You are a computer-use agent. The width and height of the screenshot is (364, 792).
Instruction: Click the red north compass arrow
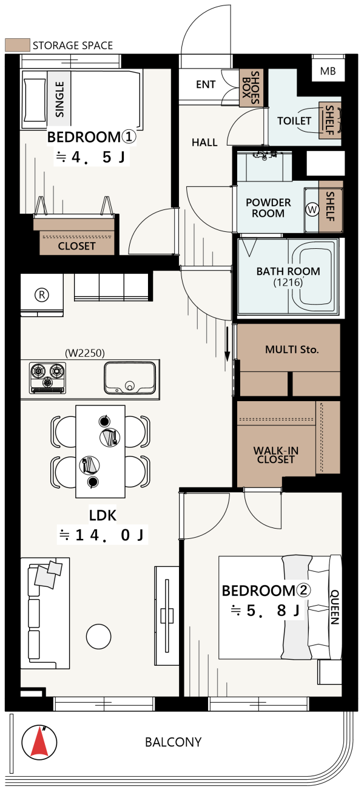coord(39,742)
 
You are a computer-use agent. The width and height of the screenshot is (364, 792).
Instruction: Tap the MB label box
coord(328,71)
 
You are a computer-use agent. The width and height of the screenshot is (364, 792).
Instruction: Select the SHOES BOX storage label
coord(251,87)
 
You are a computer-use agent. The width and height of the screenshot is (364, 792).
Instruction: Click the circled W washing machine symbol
coord(312,210)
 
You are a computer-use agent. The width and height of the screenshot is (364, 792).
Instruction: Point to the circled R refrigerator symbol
coord(42,294)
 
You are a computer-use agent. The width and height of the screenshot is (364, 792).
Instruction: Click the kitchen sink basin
coord(130,378)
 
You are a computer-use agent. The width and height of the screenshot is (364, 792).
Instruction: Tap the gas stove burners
coord(48,378)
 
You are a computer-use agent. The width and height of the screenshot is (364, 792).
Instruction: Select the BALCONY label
coord(173,742)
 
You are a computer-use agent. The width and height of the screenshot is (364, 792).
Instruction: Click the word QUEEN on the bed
coord(335,607)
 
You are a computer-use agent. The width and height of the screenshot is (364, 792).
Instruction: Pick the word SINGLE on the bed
coord(59,100)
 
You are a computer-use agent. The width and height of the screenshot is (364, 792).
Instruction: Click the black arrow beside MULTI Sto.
coord(227,344)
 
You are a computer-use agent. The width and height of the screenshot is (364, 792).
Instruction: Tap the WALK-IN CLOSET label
coord(275,455)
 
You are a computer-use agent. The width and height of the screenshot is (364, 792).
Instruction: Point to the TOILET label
coord(294,121)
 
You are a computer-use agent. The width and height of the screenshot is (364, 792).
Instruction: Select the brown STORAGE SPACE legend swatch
coord(18,45)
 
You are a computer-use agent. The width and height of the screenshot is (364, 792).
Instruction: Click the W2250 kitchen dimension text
coord(85,353)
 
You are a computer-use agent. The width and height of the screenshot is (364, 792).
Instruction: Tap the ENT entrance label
coord(206,84)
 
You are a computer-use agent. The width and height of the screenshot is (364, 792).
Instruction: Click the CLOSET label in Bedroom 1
coord(76,246)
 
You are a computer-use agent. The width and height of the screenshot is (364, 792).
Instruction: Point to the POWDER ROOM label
coord(268,208)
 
